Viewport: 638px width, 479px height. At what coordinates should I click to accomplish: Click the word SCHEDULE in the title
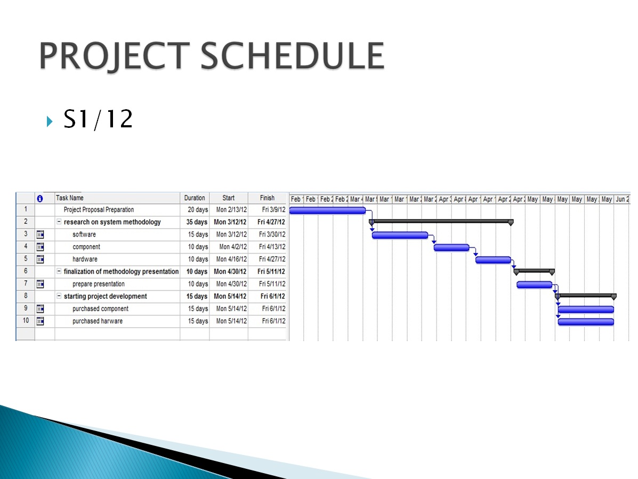[x=293, y=55]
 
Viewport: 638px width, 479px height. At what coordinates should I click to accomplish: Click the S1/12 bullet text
[x=98, y=120]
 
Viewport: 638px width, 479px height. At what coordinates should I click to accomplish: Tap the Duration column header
[x=195, y=198]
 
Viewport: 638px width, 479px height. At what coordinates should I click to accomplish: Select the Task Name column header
[x=70, y=198]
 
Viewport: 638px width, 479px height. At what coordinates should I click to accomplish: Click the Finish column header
[x=268, y=198]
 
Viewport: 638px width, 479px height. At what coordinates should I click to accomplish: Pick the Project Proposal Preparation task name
[x=99, y=210]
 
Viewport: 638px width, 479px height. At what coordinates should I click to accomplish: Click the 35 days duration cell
[x=197, y=222]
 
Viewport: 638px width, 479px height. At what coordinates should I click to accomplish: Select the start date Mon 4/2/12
[x=232, y=247]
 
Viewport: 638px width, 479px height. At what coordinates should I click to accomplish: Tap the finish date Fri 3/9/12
[x=274, y=210]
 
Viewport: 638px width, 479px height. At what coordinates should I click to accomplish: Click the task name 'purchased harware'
[x=98, y=321]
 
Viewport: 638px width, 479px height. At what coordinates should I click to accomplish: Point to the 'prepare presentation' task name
[x=99, y=284]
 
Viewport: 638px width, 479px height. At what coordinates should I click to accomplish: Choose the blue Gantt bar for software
[x=400, y=235]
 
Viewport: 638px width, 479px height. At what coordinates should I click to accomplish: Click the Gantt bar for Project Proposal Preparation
[x=327, y=210]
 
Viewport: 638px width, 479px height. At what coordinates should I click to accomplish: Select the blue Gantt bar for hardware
[x=493, y=260]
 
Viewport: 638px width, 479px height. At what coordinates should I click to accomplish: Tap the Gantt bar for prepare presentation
[x=534, y=285]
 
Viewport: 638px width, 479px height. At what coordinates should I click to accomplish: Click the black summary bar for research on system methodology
[x=440, y=221]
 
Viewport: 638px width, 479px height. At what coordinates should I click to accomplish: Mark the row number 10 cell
[x=26, y=321]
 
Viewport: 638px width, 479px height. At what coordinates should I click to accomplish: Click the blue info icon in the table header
[x=39, y=198]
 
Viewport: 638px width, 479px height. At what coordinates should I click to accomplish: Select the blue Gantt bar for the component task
[x=451, y=247]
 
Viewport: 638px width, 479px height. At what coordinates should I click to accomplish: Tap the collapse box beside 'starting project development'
[x=59, y=296]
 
